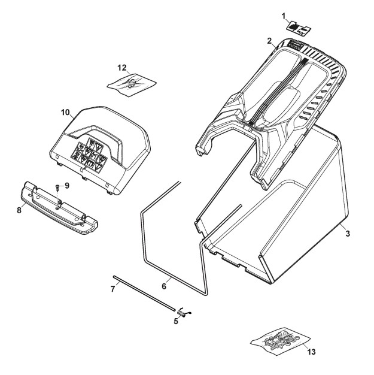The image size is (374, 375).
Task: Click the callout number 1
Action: point(284,17)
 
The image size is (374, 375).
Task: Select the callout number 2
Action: point(269,41)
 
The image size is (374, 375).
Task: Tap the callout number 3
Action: point(348,233)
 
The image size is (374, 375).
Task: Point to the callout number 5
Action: point(176,321)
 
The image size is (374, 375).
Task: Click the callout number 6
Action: point(164,286)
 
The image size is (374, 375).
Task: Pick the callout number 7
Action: point(112,289)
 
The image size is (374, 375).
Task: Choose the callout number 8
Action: point(19,210)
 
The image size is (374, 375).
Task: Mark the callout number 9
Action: point(66,185)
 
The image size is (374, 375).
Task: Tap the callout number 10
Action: point(65,112)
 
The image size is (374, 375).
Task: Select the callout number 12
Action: point(122,68)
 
